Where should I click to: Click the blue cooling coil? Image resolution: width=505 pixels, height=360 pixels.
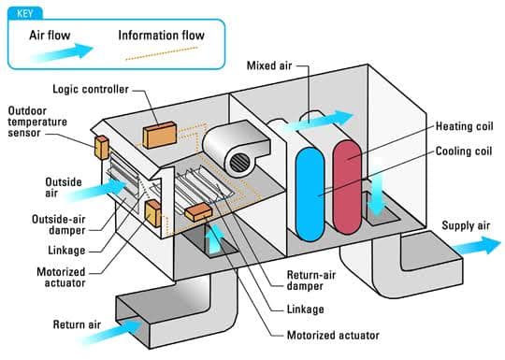coord(310,194)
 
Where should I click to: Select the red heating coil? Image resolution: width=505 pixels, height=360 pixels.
coord(347,187)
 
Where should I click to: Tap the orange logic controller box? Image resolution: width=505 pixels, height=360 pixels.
coord(160,135)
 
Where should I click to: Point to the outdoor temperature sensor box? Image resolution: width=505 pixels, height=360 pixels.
coord(102,148)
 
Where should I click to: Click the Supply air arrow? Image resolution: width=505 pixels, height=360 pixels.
coord(476,246)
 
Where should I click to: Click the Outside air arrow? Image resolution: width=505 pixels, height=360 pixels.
coord(96,190)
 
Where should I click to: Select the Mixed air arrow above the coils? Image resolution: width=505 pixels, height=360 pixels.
coord(317,122)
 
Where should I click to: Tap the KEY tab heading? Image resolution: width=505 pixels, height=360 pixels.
coord(25,13)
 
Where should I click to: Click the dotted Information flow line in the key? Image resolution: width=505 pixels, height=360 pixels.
coord(162,53)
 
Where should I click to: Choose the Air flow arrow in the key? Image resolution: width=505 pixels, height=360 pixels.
coord(62,52)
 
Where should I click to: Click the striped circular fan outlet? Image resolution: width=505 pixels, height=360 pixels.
coord(239,163)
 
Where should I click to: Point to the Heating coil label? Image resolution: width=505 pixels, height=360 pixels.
coord(464,126)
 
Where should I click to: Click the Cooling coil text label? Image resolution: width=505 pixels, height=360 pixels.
coord(464,151)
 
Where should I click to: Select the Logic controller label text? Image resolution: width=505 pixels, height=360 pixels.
coord(91,89)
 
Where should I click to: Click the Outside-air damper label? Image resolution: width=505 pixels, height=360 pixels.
coord(59,224)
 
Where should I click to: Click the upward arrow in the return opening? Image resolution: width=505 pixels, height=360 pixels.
coord(215,238)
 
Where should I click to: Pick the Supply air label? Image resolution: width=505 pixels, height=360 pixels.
coord(466,225)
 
